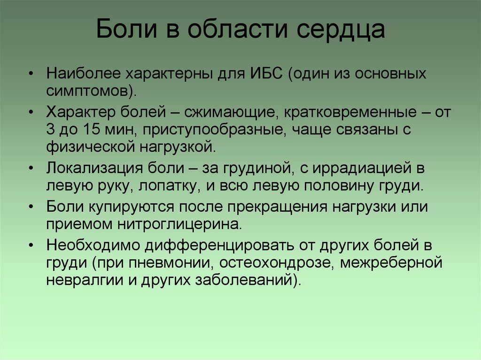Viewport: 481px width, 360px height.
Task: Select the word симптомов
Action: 89,90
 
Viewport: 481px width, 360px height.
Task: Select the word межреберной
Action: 391,262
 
